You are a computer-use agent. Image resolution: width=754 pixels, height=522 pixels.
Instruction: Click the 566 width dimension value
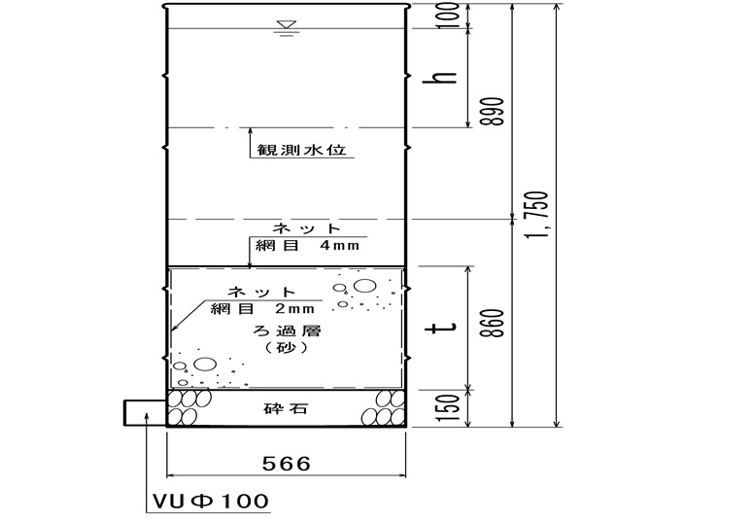tap(287, 464)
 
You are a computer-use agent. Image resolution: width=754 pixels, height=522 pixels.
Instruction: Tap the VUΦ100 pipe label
tap(210, 502)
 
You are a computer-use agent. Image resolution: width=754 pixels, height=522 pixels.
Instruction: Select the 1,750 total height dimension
tap(536, 216)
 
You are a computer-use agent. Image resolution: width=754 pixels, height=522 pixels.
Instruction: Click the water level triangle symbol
tap(287, 25)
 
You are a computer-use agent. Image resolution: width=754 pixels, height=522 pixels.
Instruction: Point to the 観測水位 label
tap(301, 150)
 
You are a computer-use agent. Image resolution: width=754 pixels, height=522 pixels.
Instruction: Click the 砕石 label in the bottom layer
tap(286, 409)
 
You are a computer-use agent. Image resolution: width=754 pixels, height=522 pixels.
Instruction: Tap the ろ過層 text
tap(287, 331)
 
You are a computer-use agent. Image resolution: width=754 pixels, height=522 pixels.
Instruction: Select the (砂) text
tap(287, 347)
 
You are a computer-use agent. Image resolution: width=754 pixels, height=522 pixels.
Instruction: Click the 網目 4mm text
tap(307, 245)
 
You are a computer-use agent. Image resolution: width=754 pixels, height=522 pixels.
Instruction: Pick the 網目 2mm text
tap(262, 308)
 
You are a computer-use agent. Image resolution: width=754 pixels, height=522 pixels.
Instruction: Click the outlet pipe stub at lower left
tap(145, 413)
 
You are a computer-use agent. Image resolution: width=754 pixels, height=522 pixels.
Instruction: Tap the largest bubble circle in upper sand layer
tap(365, 286)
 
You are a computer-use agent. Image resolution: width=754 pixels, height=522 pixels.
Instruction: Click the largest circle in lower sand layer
tap(205, 365)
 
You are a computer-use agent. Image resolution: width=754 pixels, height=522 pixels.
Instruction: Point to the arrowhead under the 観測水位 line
tap(251, 131)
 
